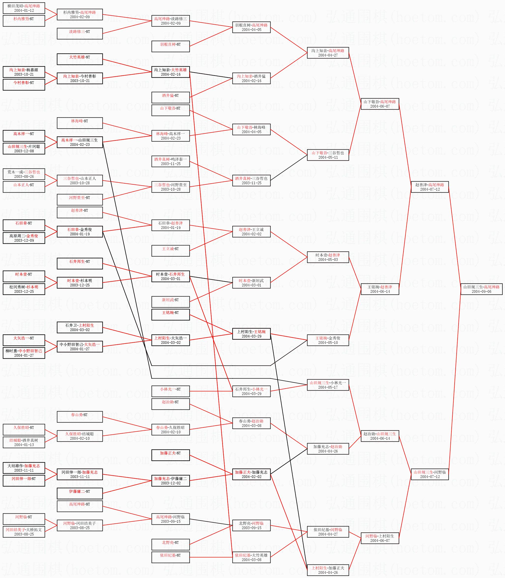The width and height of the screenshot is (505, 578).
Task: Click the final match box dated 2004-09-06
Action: click(481, 289)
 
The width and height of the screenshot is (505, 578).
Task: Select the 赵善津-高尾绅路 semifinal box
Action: click(430, 187)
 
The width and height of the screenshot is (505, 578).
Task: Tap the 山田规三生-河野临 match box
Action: click(430, 474)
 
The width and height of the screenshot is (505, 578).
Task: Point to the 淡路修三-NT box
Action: click(80, 33)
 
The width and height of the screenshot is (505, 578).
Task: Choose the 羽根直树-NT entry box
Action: click(171, 46)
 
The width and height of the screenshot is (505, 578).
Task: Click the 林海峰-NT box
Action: click(80, 123)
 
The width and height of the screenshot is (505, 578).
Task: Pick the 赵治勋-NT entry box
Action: click(171, 404)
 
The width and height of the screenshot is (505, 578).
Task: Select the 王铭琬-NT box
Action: click(171, 315)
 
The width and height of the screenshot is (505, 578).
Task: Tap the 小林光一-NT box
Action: click(171, 391)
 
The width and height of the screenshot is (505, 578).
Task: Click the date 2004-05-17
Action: click(328, 387)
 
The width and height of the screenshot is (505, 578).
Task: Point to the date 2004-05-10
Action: click(328, 342)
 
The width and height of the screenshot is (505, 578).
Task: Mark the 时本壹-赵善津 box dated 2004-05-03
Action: click(328, 257)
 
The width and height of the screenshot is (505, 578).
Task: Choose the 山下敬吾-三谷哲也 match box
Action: click(328, 155)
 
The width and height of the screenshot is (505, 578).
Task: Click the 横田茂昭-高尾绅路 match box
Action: click(24, 8)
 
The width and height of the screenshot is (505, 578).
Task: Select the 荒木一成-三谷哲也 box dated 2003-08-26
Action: click(24, 174)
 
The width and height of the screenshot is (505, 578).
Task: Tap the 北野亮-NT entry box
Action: click(171, 545)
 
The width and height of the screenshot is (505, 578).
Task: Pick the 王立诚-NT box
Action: click(171, 251)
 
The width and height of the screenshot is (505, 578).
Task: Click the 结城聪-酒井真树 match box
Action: click(24, 442)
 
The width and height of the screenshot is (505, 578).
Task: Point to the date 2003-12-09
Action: click(24, 240)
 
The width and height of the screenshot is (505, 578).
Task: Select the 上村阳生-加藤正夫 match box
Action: click(328, 570)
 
